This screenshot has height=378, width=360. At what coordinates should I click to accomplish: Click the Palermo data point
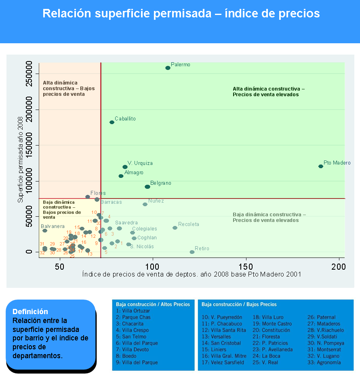coord(168,68)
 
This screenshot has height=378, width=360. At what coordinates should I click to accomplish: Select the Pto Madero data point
coord(321,166)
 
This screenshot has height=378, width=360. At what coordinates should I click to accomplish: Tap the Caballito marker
coord(112,122)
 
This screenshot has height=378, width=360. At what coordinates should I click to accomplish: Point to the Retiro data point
coord(192,252)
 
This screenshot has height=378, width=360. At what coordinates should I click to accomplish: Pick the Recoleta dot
coord(175,228)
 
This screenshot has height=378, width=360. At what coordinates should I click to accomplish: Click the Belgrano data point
coord(147,186)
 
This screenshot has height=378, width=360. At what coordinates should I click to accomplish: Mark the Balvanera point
coord(45,230)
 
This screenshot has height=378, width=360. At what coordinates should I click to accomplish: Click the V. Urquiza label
coord(140,163)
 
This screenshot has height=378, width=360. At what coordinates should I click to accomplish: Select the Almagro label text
coord(134,173)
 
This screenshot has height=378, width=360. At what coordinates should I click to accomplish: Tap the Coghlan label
coord(147,238)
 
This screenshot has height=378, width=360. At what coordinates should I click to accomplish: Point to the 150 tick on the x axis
coord(246,267)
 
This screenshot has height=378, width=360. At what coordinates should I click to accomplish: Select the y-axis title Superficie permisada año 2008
coord(20,159)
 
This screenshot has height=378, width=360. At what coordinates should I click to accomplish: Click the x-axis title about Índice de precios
coord(192,275)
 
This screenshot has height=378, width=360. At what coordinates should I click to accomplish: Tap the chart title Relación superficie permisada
coord(181,13)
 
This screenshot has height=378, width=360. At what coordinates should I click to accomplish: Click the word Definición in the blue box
coord(30,312)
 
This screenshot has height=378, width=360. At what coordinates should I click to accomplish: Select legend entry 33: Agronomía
coord(324,363)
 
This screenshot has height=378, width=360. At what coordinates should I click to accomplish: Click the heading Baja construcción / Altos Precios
coord(153,304)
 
